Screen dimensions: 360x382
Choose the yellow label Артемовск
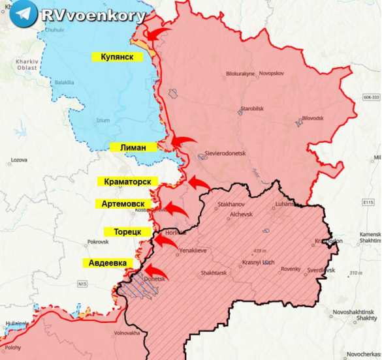(123, 204)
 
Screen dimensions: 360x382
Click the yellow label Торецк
(127, 232)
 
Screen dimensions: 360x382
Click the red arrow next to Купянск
(157, 33)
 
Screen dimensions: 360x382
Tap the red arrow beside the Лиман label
(184, 142)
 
